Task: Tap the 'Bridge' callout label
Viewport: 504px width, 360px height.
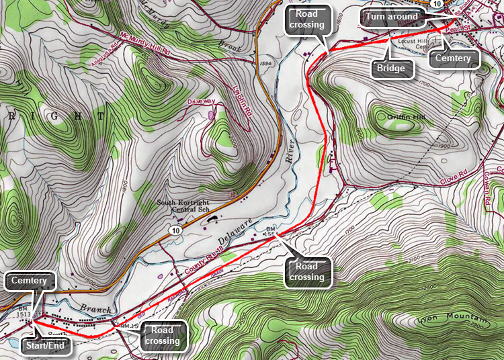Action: [x=390, y=68]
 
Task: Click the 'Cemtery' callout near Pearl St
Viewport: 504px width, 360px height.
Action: [x=453, y=58]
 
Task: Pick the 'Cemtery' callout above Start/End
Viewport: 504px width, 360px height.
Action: [x=28, y=280]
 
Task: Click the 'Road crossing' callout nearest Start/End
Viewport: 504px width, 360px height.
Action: [x=162, y=335]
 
